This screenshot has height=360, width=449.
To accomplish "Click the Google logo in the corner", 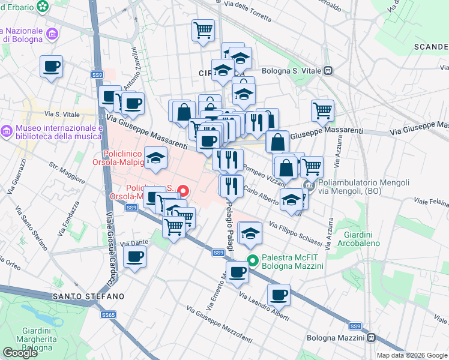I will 20,353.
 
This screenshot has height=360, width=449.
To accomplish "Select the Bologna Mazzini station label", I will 335,338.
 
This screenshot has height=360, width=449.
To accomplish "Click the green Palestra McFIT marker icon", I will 253,260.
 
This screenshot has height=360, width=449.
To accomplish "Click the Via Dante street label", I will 134,244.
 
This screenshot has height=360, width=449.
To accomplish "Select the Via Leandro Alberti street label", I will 264,307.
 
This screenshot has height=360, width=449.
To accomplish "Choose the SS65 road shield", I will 108,314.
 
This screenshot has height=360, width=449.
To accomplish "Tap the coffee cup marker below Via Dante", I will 134,256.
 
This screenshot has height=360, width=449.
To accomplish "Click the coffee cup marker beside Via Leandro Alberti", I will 279,295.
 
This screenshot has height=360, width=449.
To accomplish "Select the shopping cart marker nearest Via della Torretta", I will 203,29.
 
